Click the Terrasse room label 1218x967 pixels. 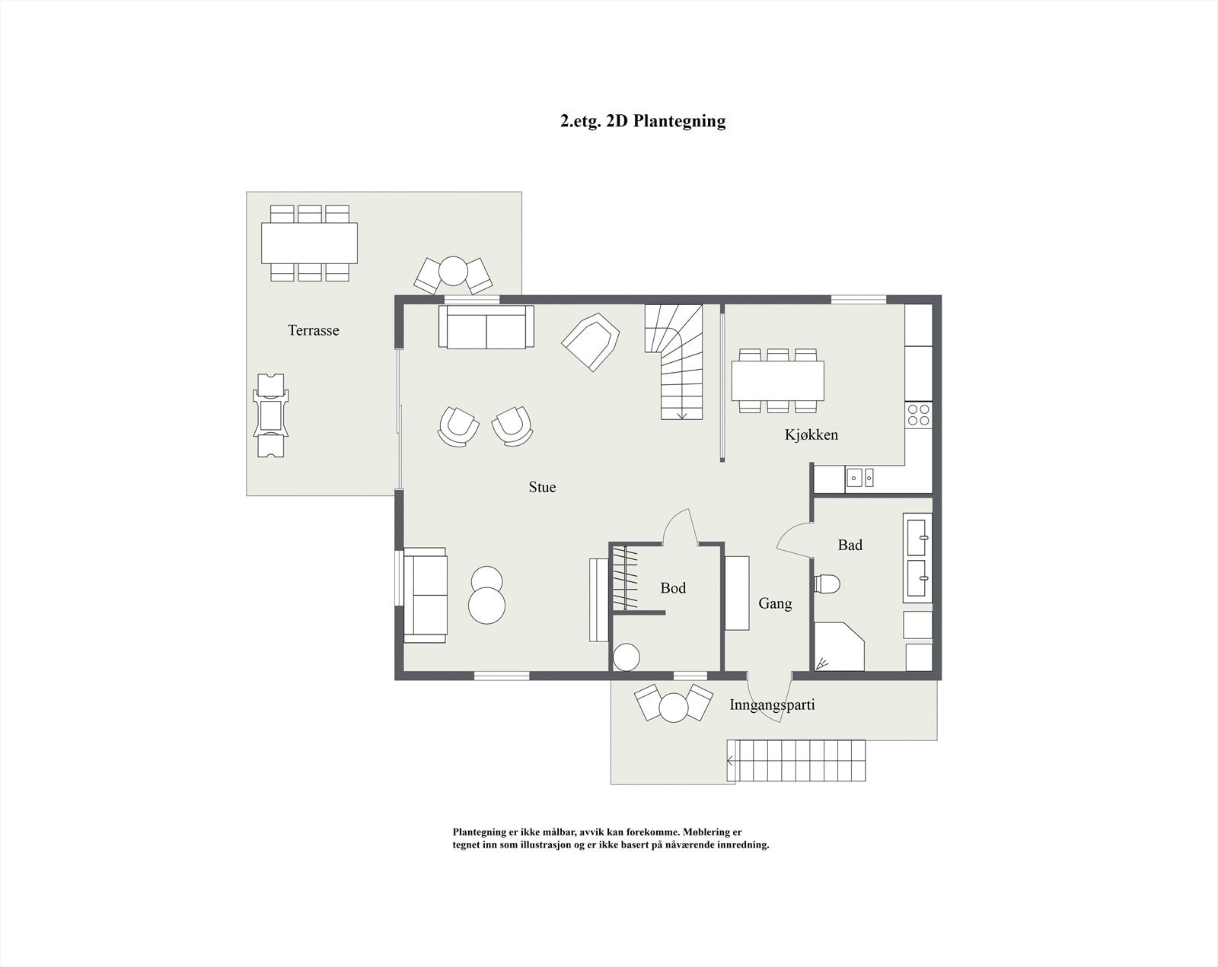point(313,330)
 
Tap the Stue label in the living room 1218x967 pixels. point(542,487)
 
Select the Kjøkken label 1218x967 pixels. point(811,434)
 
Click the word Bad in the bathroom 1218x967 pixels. point(850,545)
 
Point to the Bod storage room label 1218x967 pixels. point(673,588)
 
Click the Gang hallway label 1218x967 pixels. point(775,603)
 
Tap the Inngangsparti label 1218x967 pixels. point(772,705)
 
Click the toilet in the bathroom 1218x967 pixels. point(827,584)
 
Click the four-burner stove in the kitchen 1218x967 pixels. point(919,415)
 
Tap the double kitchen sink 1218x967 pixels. point(860,479)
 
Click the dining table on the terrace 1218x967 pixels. point(309,242)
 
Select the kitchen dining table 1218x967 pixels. point(777,380)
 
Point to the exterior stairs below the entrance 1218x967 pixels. point(796,760)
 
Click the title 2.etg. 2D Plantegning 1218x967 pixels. point(642,121)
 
